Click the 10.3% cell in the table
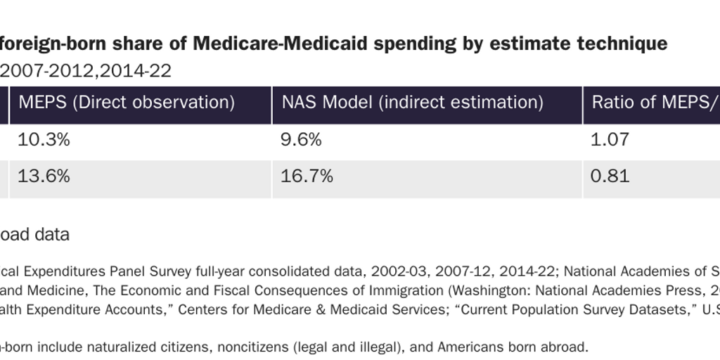pos(44,139)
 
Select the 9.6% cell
pos(301,139)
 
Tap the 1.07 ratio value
pos(610,139)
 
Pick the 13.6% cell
pos(44,176)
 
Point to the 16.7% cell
pos(307,176)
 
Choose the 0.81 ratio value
pos(610,176)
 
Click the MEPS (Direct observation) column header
pos(127,102)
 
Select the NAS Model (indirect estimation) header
pos(412,102)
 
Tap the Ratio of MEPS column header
pos(654,102)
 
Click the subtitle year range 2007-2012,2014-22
pos(85,70)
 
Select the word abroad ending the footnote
pos(565,347)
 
